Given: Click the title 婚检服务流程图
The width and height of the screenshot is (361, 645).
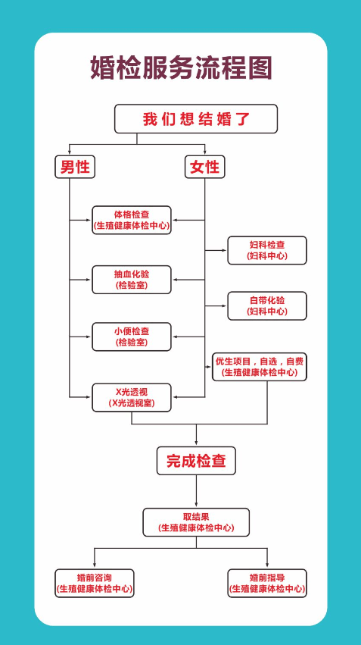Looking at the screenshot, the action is (181, 68).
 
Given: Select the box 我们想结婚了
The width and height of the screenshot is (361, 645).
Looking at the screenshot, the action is (196, 119).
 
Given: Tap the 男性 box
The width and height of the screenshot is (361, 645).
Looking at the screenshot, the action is (75, 167).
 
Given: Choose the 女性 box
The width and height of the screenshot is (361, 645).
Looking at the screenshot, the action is (204, 167).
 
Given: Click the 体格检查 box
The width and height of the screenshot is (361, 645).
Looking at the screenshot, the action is (132, 220).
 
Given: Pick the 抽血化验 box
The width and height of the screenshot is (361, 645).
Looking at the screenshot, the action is (132, 280).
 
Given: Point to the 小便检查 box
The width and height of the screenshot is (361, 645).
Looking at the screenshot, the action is (132, 337).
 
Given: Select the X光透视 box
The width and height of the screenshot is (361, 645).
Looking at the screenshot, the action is (132, 397).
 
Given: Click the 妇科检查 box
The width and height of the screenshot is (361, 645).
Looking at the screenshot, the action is (267, 250).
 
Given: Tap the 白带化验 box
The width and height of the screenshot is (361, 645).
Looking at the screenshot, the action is (267, 305).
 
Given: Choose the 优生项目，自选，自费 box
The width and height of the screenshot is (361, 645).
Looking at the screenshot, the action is (260, 367).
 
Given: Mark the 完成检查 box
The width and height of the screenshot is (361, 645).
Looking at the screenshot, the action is (196, 461).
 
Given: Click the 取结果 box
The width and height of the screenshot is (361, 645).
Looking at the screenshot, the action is (196, 522).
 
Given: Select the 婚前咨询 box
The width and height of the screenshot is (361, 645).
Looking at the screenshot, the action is (95, 584).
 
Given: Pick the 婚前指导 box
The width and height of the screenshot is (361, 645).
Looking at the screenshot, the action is (267, 584).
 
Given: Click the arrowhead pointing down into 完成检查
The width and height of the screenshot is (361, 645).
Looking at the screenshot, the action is (196, 444).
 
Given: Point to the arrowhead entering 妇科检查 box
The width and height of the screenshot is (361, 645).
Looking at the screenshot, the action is (225, 250).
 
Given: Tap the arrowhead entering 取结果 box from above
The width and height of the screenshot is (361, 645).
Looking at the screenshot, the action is (196, 505).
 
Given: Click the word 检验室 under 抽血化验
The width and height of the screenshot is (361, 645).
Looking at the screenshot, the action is (132, 286).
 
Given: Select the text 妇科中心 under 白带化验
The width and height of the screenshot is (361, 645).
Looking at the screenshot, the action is (267, 312).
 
